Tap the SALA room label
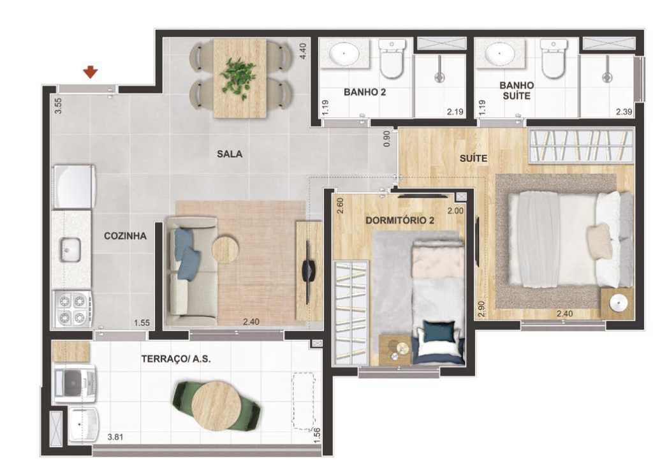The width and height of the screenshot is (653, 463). click(x=229, y=154)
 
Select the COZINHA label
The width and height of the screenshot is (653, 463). click(x=125, y=235)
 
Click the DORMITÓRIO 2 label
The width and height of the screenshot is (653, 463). click(x=399, y=221)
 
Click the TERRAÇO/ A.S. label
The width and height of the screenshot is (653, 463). click(x=175, y=359)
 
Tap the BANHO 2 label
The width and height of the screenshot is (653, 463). click(x=365, y=92)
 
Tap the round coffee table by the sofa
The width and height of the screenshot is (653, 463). click(x=225, y=249)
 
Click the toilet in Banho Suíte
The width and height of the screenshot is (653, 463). click(x=553, y=59)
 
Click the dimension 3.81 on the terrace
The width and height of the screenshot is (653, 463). click(x=115, y=437)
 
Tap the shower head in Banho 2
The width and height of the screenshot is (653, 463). click(x=439, y=77)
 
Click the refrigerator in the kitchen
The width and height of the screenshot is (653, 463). click(x=73, y=186)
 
